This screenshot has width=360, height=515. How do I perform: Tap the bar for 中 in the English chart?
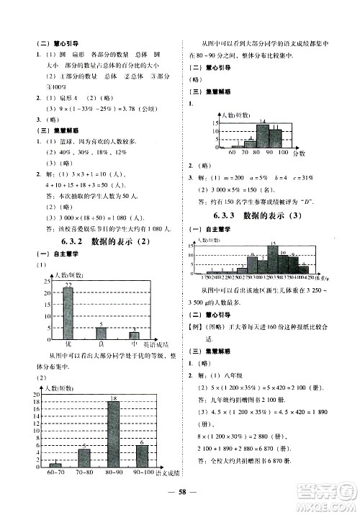click(134, 335)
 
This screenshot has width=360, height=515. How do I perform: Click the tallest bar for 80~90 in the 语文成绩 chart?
click(113, 435)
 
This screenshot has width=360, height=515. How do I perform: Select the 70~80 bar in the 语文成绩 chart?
click(84, 458)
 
